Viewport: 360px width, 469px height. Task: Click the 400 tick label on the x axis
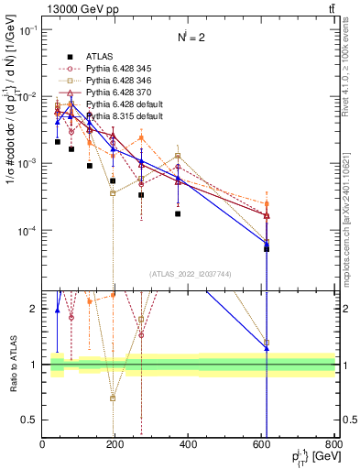[x=189, y=444]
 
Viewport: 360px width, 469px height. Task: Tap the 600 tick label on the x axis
[x=262, y=444]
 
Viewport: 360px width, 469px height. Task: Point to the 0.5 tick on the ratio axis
[x=31, y=420]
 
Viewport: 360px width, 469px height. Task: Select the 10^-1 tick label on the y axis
[x=27, y=30]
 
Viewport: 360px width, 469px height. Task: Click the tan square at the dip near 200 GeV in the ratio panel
[x=113, y=398]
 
